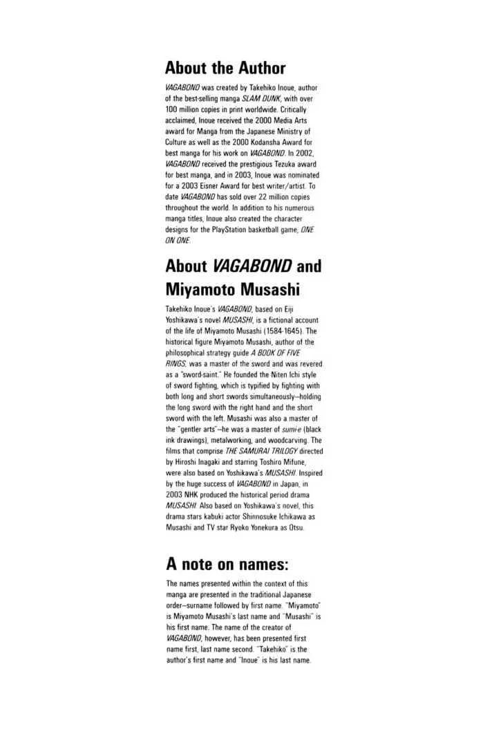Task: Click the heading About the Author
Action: [x=225, y=68]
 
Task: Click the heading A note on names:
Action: [x=227, y=563]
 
